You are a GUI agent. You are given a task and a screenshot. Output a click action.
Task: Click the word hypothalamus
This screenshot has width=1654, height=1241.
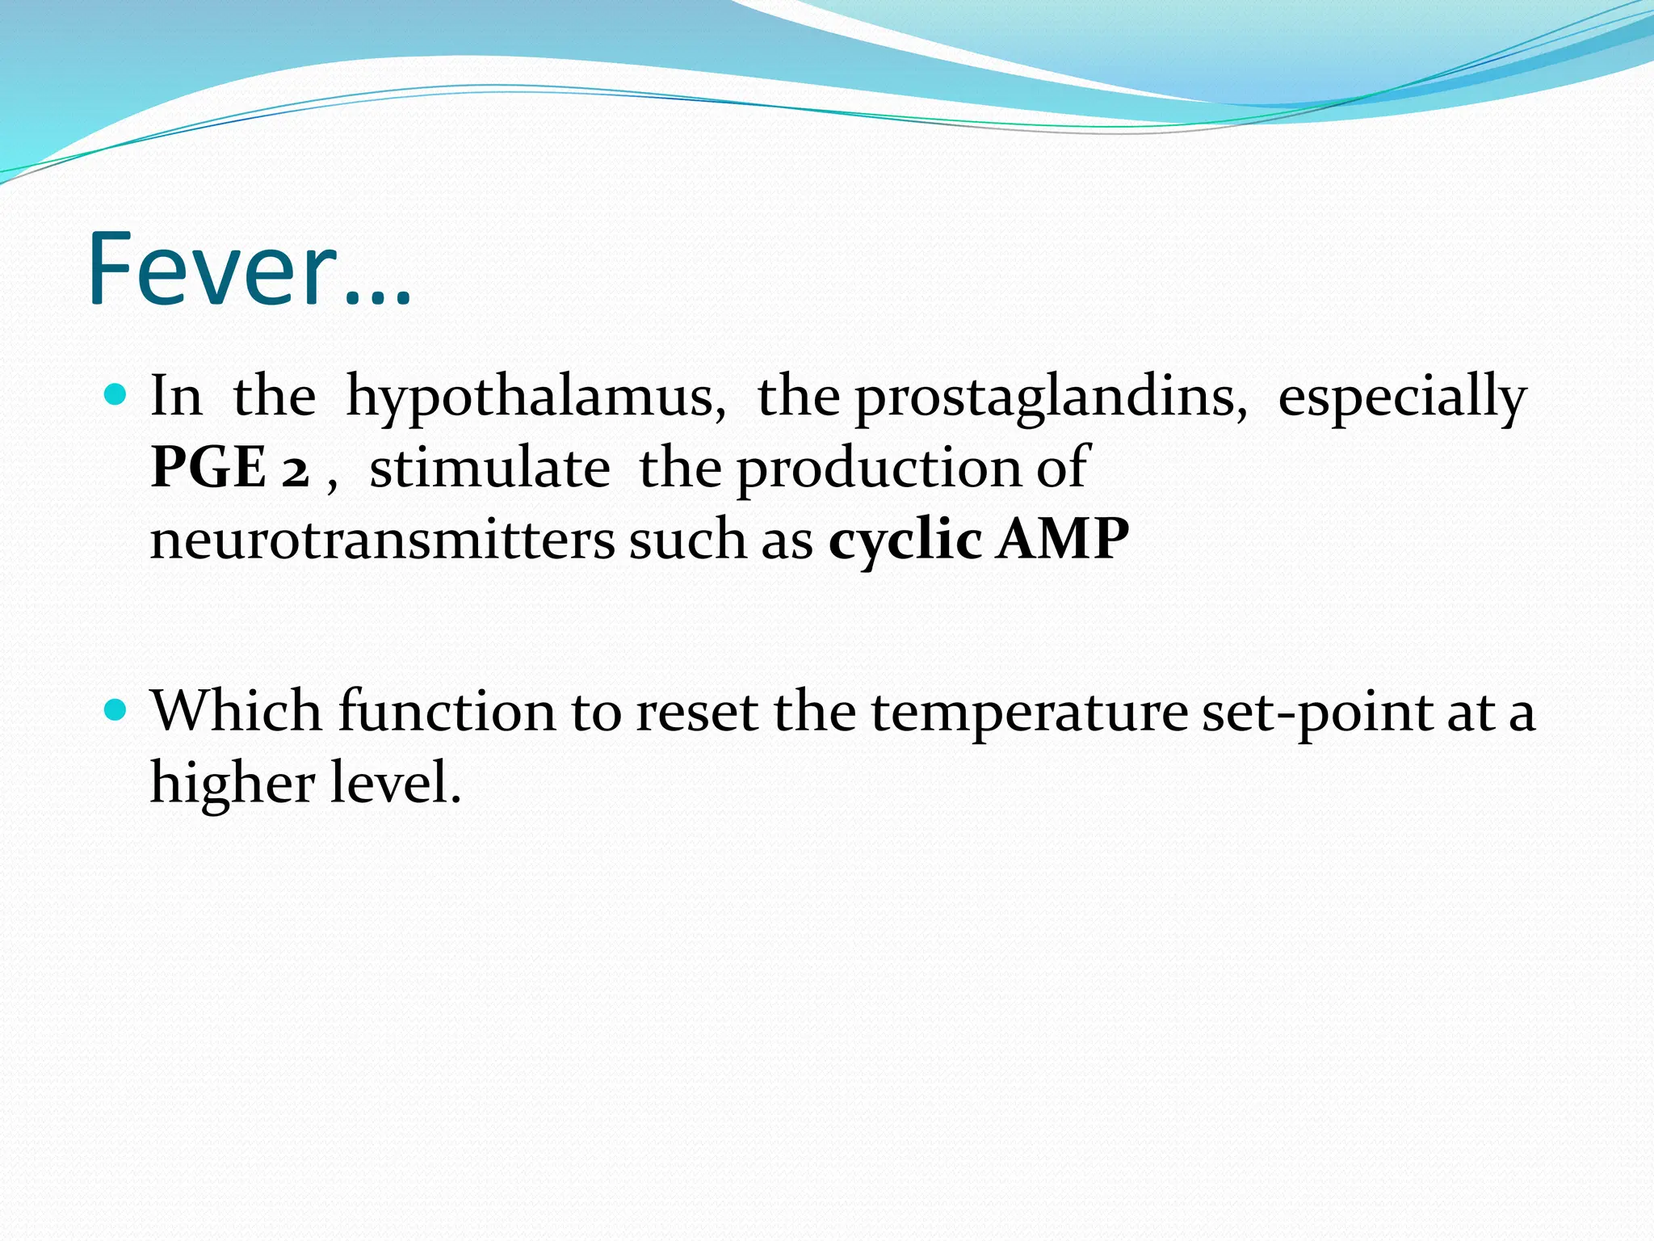point(535,398)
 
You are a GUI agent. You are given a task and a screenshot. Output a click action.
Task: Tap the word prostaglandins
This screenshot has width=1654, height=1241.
point(1051,398)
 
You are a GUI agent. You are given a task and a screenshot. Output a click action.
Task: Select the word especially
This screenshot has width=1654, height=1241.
point(1402,398)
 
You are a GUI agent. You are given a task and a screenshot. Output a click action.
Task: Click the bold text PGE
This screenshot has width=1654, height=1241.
point(208,468)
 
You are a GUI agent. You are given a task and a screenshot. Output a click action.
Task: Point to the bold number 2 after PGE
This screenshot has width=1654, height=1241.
point(296,469)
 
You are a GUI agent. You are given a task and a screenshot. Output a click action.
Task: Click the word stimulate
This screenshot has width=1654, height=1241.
point(489,468)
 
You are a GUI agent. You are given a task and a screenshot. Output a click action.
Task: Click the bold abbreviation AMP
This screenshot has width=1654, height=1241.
point(1062,540)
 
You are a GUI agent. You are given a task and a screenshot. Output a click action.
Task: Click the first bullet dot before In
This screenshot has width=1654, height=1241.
point(117,395)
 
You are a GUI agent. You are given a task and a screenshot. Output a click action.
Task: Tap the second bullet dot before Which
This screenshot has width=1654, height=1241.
point(117,710)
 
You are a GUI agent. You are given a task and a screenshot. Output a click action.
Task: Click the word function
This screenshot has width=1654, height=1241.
point(447,712)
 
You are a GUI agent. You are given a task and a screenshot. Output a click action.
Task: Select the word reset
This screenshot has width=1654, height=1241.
point(696,712)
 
